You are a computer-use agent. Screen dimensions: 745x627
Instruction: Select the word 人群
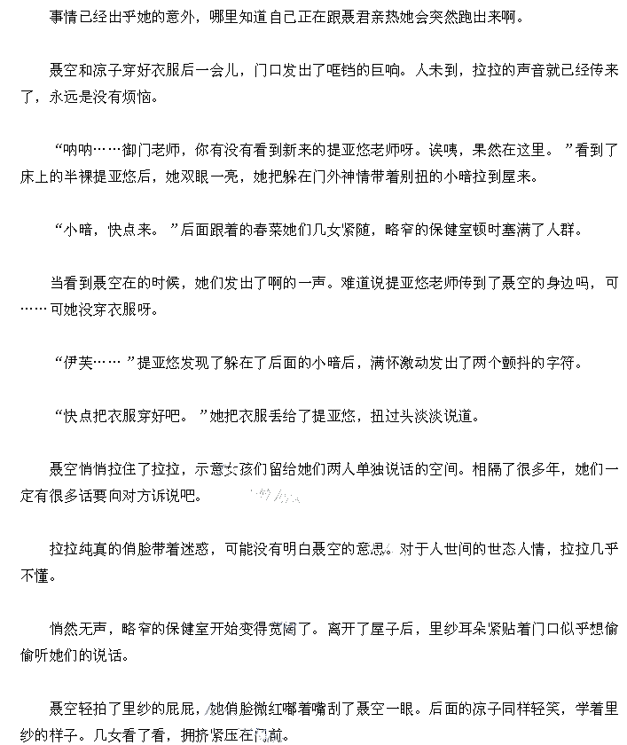click(x=560, y=229)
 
